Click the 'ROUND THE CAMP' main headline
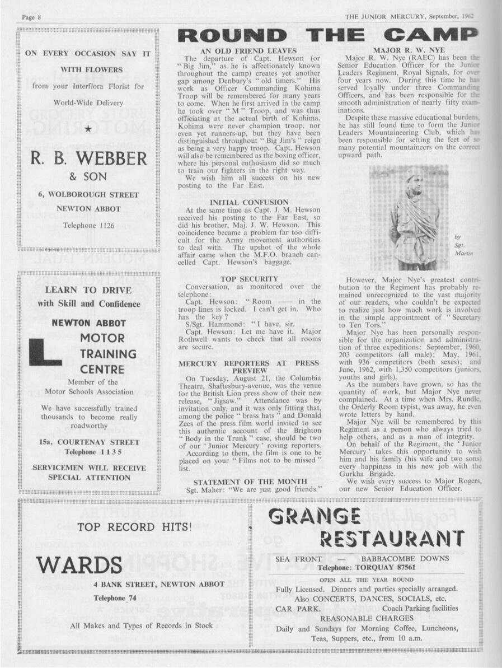coord(327,38)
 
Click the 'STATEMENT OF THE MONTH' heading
coord(250,481)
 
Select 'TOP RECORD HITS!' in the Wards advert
coord(134,526)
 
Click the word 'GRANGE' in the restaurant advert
coord(315,515)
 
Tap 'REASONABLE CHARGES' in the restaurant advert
coord(367,618)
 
